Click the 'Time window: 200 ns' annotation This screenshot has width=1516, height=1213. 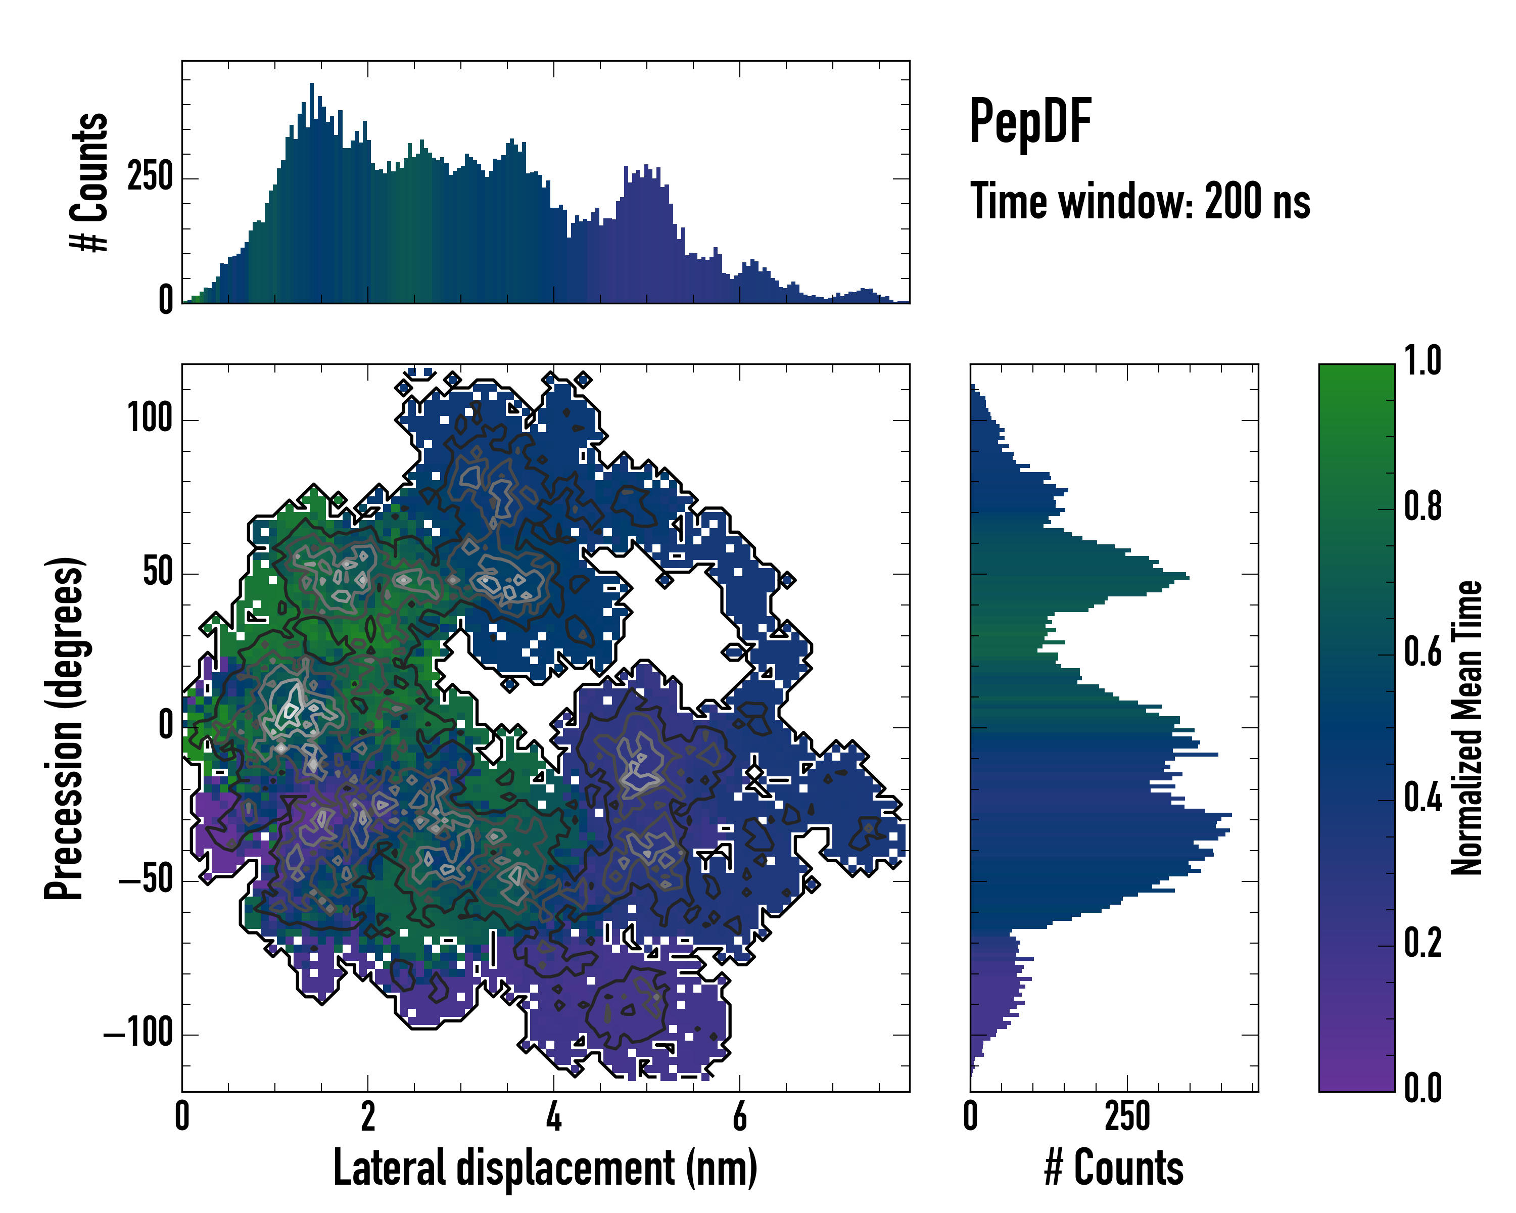click(1140, 202)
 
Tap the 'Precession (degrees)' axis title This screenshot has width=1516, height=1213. click(65, 728)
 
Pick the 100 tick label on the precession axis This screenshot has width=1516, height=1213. click(150, 419)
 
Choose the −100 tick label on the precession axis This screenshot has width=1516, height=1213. click(138, 1034)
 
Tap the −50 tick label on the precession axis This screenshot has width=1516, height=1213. click(146, 880)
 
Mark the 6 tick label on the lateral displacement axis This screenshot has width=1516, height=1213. click(740, 1116)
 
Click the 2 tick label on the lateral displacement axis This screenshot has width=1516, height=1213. click(368, 1116)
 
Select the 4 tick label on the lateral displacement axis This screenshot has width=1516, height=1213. click(554, 1116)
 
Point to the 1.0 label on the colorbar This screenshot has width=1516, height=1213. click(1423, 361)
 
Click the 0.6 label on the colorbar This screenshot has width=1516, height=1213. click(1423, 652)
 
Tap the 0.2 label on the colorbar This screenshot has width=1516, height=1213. click(1423, 944)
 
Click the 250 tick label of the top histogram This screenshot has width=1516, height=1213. click(151, 177)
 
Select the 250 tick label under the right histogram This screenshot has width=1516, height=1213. click(1127, 1116)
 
